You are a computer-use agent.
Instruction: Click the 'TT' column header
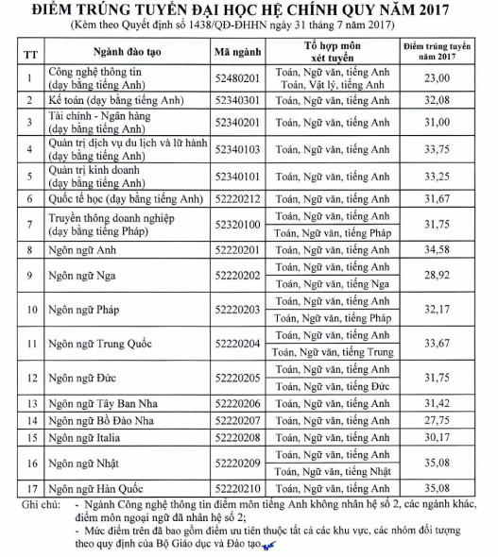(x=30, y=51)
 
